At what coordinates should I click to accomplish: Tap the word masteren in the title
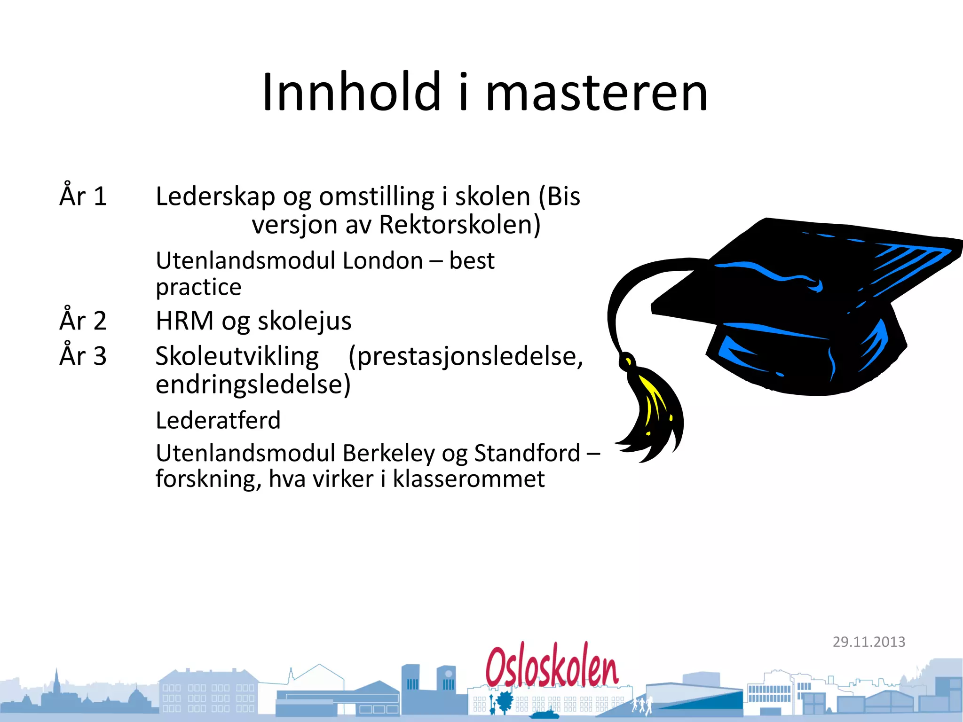click(x=596, y=94)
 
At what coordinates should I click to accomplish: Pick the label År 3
click(x=83, y=355)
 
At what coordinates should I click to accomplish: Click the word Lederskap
click(x=215, y=196)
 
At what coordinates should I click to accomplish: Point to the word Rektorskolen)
click(x=460, y=225)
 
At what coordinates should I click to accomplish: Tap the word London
click(x=383, y=260)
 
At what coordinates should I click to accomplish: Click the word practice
click(x=198, y=287)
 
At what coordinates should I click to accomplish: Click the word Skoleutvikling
click(x=237, y=356)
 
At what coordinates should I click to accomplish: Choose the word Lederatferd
click(x=218, y=420)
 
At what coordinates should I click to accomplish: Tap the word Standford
click(x=527, y=453)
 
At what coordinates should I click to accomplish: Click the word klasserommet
click(x=468, y=479)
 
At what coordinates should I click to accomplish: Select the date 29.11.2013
click(x=869, y=642)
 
